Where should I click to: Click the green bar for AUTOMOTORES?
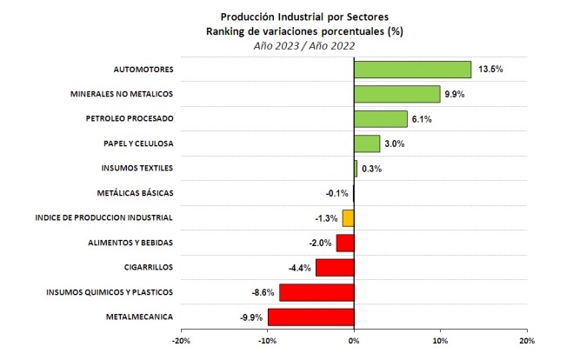pyautogui.click(x=412, y=70)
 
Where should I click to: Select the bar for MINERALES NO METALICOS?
pyautogui.click(x=396, y=94)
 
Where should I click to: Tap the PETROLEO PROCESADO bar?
pyautogui.click(x=380, y=119)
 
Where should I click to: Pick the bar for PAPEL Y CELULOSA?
pyautogui.click(x=367, y=143)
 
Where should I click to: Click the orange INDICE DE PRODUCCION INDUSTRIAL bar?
pyautogui.click(x=348, y=217)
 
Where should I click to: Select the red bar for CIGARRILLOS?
pyautogui.click(x=335, y=267)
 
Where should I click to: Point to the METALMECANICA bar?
pyautogui.click(x=311, y=317)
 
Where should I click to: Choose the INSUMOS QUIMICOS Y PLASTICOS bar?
pyautogui.click(x=316, y=292)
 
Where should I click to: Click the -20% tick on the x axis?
pyautogui.click(x=183, y=342)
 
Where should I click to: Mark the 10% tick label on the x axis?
pyautogui.click(x=440, y=342)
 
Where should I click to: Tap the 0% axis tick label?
pyautogui.click(x=354, y=342)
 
